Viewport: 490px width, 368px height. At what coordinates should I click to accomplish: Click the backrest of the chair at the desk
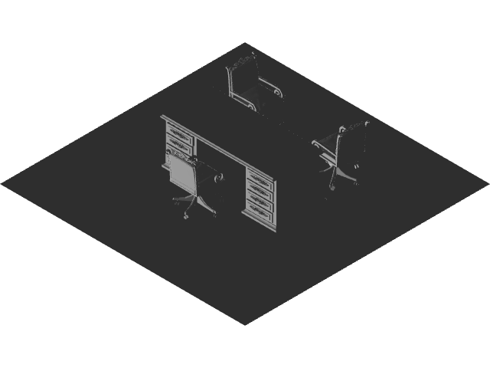183,174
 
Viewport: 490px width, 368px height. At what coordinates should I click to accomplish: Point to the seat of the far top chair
260,96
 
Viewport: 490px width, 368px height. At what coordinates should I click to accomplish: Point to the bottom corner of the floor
245,324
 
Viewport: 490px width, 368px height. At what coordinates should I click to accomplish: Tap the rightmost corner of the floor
487,183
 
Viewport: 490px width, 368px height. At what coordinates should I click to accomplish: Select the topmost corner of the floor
245,43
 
